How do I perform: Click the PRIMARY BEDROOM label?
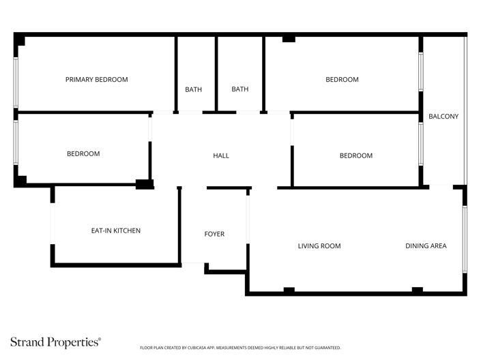[96, 80]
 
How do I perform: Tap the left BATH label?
[194, 89]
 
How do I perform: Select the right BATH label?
[239, 89]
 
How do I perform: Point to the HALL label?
[221, 156]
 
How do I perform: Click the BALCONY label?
[443, 117]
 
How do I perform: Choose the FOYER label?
[214, 235]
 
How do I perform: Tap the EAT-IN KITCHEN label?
[116, 231]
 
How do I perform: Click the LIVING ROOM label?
[319, 246]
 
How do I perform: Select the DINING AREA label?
[426, 246]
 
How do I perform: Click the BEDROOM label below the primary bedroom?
[83, 154]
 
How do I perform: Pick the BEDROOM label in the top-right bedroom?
[342, 80]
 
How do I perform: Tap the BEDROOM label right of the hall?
[356, 156]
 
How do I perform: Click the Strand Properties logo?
[55, 342]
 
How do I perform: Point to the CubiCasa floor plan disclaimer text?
[239, 348]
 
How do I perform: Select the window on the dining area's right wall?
[465, 239]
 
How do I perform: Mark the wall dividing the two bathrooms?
[217, 74]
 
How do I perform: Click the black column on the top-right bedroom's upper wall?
[289, 39]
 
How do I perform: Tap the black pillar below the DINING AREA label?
[417, 290]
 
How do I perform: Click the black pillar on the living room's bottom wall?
[289, 290]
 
